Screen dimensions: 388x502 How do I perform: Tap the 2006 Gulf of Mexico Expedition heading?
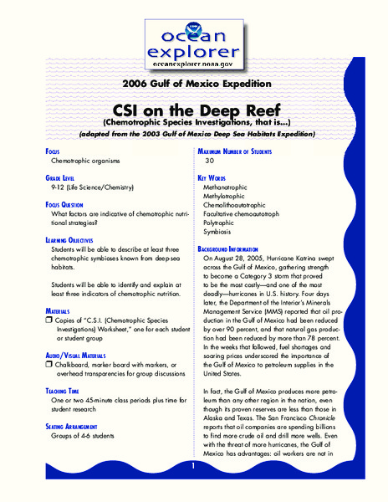click(193, 84)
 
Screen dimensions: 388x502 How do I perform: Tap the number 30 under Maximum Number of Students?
click(210, 160)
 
